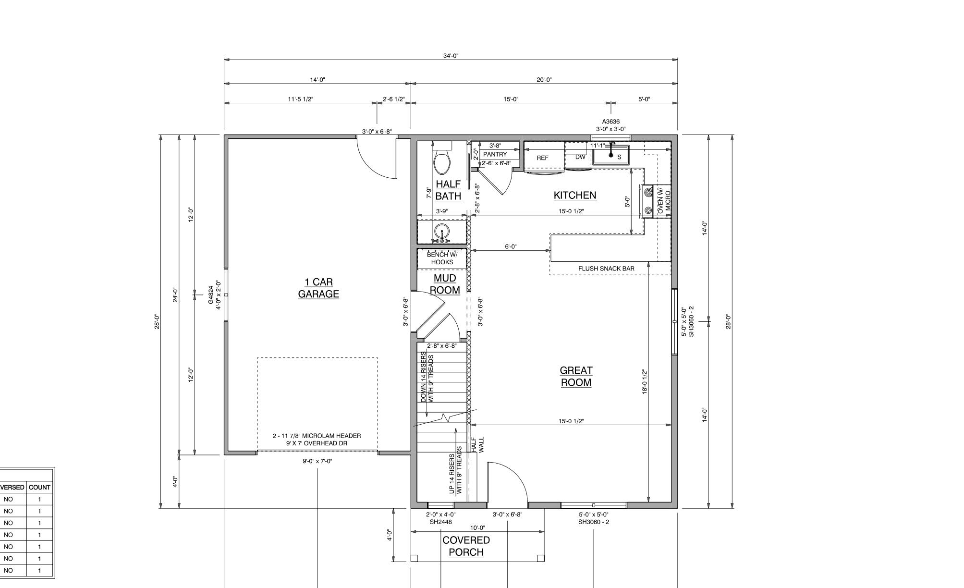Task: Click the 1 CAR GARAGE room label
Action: pyautogui.click(x=318, y=288)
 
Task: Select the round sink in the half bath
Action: pyautogui.click(x=442, y=233)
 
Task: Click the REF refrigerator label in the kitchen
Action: pyautogui.click(x=542, y=158)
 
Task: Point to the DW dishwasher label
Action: pyautogui.click(x=580, y=157)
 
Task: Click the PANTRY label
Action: pyautogui.click(x=495, y=154)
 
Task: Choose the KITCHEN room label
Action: pyautogui.click(x=575, y=195)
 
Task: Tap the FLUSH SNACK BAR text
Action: pyautogui.click(x=606, y=269)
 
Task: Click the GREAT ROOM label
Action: pyautogui.click(x=576, y=377)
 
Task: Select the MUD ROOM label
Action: pyautogui.click(x=445, y=284)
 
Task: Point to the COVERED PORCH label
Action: pyautogui.click(x=466, y=546)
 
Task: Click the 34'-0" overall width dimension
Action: pyautogui.click(x=451, y=56)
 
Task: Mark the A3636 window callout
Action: pyautogui.click(x=611, y=122)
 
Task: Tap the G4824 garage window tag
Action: pyautogui.click(x=210, y=295)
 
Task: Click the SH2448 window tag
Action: pyautogui.click(x=440, y=522)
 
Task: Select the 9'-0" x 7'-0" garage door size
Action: pyautogui.click(x=317, y=461)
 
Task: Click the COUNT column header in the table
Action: pyautogui.click(x=39, y=487)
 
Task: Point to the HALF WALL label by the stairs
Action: pyautogui.click(x=478, y=445)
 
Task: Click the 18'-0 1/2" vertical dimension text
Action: pyautogui.click(x=645, y=381)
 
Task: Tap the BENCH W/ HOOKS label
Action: pyautogui.click(x=442, y=258)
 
